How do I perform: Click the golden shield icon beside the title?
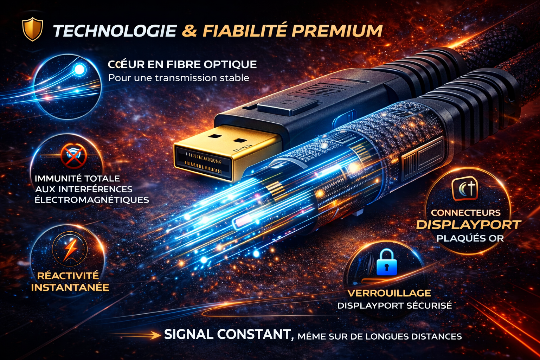pyautogui.click(x=32, y=30)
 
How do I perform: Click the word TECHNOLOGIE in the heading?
pyautogui.click(x=115, y=31)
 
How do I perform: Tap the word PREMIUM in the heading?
pyautogui.click(x=337, y=31)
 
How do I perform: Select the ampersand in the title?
pyautogui.click(x=189, y=31)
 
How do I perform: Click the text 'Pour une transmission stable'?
pyautogui.click(x=179, y=78)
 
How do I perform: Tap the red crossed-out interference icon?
pyautogui.click(x=73, y=155)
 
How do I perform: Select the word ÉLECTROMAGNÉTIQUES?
pyautogui.click(x=92, y=200)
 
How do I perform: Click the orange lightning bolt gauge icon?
pyautogui.click(x=70, y=248)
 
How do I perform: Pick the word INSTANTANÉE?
pyautogui.click(x=70, y=288)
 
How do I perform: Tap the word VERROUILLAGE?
pyautogui.click(x=389, y=293)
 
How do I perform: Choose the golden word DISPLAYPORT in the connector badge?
pyautogui.click(x=469, y=225)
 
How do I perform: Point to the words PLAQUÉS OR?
pyautogui.click(x=470, y=238)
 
